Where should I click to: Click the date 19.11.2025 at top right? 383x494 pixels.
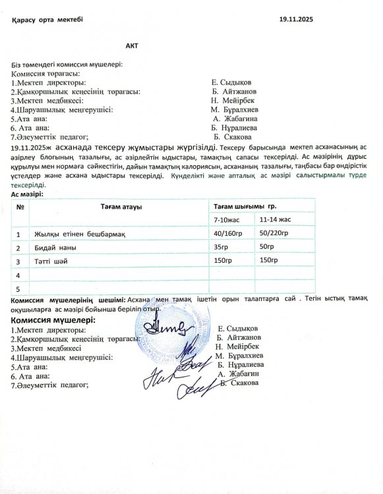click(297, 20)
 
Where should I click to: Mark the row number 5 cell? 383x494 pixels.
click(19, 288)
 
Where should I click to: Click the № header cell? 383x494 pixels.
click(20, 207)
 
